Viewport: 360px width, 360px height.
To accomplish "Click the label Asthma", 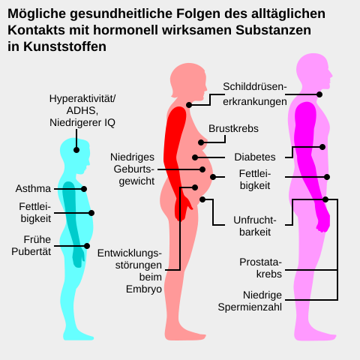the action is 33,188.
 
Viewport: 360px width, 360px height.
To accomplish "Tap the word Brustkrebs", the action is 233,128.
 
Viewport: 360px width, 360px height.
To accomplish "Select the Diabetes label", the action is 255,157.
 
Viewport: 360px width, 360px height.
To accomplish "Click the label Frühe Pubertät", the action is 31,245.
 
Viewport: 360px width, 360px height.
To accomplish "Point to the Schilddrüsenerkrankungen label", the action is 255,94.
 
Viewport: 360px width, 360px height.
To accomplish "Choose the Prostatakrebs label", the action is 260,268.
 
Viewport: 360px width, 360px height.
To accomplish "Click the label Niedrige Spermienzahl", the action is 250,301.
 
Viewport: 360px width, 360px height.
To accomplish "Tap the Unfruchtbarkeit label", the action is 255,226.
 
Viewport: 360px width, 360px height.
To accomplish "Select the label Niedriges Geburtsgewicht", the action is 133,169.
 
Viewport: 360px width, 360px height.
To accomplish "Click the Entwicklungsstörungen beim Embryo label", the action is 130,271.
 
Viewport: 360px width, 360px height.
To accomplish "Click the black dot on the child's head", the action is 76,150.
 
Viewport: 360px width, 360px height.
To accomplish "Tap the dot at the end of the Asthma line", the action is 84,189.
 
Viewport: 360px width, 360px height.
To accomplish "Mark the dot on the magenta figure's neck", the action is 319,94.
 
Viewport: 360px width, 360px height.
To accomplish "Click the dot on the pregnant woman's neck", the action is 189,105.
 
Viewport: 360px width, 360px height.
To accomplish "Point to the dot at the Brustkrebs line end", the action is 201,142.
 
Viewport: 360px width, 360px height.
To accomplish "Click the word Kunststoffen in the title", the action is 64,46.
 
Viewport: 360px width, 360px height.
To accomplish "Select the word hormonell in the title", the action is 126,30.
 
